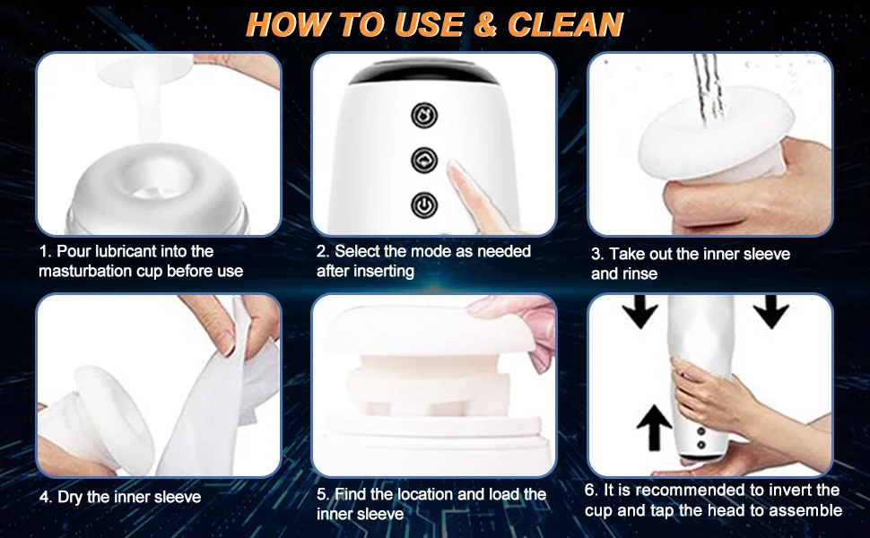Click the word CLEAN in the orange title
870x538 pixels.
(565, 24)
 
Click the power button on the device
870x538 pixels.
(424, 204)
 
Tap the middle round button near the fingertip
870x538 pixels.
(424, 160)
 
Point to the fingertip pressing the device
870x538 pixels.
(457, 169)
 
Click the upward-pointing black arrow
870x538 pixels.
(655, 427)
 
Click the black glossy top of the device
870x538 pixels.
(424, 73)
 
